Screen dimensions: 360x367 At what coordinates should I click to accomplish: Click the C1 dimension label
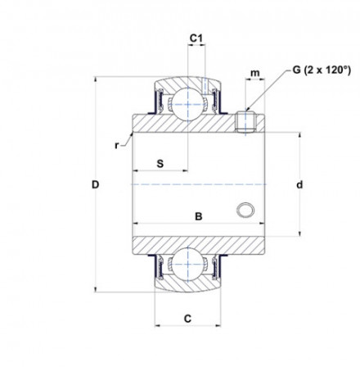pyautogui.click(x=196, y=39)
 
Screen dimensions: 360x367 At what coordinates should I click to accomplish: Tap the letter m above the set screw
pyautogui.click(x=255, y=73)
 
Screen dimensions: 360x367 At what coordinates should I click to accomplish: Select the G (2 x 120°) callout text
pyautogui.click(x=322, y=70)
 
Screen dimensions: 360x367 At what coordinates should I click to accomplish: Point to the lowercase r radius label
pyautogui.click(x=116, y=146)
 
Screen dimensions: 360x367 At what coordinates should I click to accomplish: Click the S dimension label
pyautogui.click(x=160, y=164)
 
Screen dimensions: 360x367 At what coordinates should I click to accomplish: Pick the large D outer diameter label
pyautogui.click(x=95, y=185)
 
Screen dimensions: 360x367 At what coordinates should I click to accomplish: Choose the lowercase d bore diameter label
pyautogui.click(x=299, y=185)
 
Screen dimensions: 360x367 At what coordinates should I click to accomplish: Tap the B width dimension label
pyautogui.click(x=199, y=216)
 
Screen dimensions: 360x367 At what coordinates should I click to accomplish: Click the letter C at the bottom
pyautogui.click(x=187, y=319)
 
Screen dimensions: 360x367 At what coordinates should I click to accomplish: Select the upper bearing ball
pyautogui.click(x=188, y=104)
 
